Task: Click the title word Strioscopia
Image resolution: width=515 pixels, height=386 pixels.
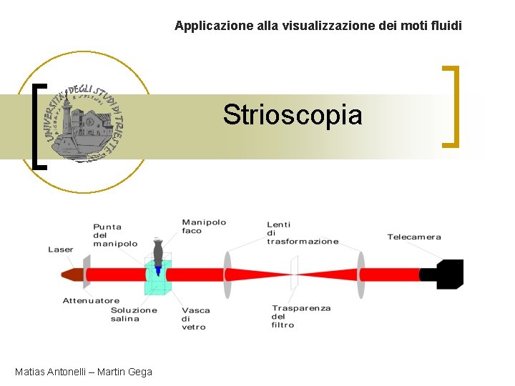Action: (x=292, y=114)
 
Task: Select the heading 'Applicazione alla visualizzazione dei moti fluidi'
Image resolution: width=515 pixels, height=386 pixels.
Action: (x=318, y=26)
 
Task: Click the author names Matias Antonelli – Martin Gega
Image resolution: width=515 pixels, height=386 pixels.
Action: (x=83, y=372)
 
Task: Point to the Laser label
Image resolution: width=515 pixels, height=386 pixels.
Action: (x=60, y=249)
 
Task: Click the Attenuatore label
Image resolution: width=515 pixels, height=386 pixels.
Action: (x=91, y=301)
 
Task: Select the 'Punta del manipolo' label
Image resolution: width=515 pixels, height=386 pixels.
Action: (x=114, y=235)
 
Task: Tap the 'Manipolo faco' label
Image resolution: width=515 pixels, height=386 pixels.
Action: (x=203, y=227)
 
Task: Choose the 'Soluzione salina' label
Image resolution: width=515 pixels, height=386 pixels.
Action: (x=134, y=315)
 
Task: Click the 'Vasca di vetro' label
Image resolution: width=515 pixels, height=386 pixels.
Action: (x=194, y=319)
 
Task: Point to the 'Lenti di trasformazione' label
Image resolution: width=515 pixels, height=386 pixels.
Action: (x=302, y=232)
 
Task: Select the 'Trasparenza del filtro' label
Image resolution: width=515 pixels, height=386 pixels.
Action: (x=300, y=317)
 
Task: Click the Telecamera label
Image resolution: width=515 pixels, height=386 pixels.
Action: (x=414, y=237)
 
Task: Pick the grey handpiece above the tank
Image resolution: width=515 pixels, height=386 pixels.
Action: (x=158, y=251)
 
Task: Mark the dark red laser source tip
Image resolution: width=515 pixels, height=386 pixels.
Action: (x=72, y=274)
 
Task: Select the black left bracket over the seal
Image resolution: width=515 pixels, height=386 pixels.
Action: (x=40, y=127)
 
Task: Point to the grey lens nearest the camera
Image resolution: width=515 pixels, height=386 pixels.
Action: (x=361, y=274)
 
